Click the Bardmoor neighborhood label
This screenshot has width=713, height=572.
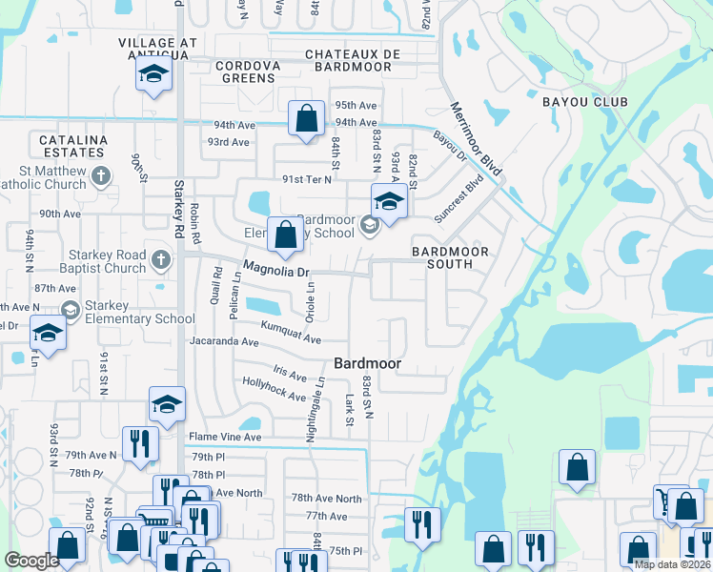(367, 363)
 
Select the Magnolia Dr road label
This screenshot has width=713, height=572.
(277, 271)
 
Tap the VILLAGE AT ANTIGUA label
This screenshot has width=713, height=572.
(158, 50)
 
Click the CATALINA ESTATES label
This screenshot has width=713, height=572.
(71, 146)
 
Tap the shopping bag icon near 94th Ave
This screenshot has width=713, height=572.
(305, 120)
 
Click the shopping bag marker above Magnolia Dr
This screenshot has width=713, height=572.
(286, 235)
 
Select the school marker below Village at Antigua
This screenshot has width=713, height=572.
(153, 75)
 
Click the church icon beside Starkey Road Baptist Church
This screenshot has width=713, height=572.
(161, 259)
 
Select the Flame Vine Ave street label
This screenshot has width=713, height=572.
(224, 438)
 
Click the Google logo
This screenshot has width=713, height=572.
(31, 561)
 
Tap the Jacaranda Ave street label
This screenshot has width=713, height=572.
(224, 340)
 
